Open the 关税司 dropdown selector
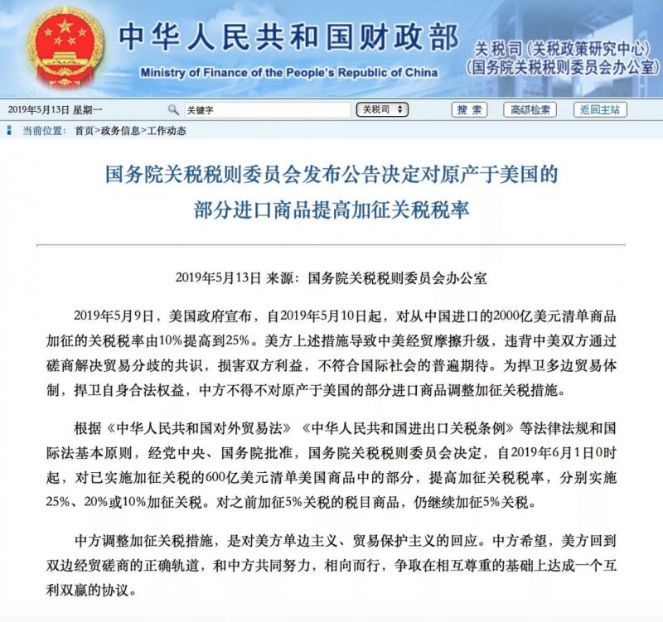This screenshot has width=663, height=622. click(x=383, y=109)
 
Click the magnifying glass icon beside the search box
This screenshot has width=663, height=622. click(x=173, y=109)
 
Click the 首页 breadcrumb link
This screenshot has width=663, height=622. click(x=84, y=130)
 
